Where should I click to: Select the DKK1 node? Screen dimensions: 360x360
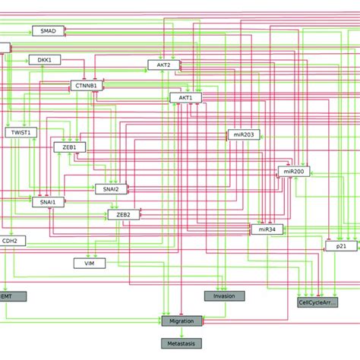(x=44, y=59)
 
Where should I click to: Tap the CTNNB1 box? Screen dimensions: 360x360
(x=86, y=85)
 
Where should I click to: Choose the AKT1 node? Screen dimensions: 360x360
(x=185, y=98)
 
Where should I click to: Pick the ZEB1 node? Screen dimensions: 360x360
(x=69, y=147)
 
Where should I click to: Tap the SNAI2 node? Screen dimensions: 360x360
(x=111, y=188)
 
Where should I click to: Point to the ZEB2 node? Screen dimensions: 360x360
(x=123, y=215)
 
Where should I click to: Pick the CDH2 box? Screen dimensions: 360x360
(x=12, y=241)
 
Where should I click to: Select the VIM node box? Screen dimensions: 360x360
(x=89, y=263)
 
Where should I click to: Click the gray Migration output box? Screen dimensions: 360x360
(x=181, y=321)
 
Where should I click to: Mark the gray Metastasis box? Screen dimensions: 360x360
(x=181, y=345)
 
